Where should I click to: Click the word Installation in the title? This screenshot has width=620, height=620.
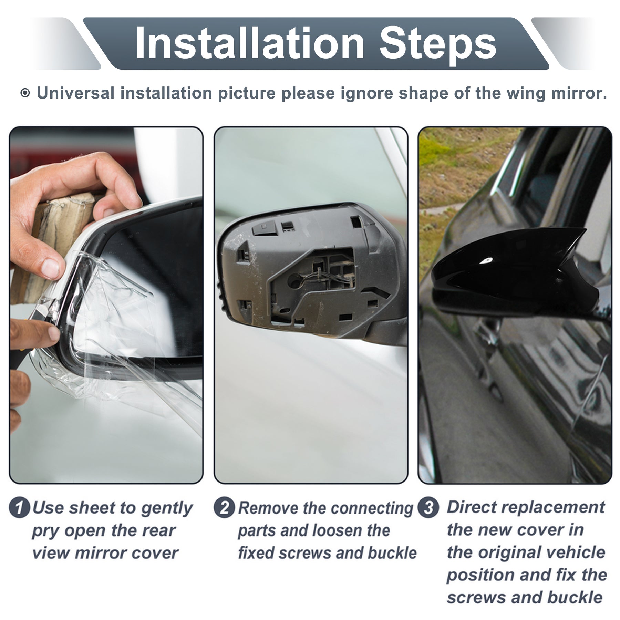[250, 44]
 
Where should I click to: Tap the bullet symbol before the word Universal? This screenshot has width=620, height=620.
[25, 93]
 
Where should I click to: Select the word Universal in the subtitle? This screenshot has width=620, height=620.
[76, 93]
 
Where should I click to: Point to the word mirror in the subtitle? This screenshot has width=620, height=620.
[578, 93]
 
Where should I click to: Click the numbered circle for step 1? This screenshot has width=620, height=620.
[20, 508]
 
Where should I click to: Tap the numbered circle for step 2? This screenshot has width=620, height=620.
[224, 508]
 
